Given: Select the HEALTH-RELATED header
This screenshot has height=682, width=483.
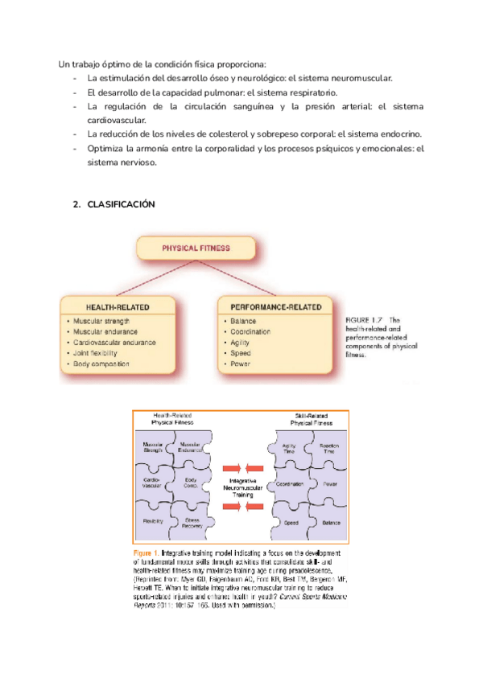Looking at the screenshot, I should click(x=118, y=306).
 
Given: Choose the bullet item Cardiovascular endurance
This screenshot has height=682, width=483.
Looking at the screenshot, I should click(x=114, y=342).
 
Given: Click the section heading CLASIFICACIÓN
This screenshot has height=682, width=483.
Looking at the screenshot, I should click(x=120, y=205).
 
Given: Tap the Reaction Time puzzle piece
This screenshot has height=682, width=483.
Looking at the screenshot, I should click(x=327, y=448).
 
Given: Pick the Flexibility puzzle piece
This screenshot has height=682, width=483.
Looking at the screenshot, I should click(x=154, y=522).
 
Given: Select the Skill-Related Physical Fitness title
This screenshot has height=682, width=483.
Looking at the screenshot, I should click(x=312, y=418).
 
